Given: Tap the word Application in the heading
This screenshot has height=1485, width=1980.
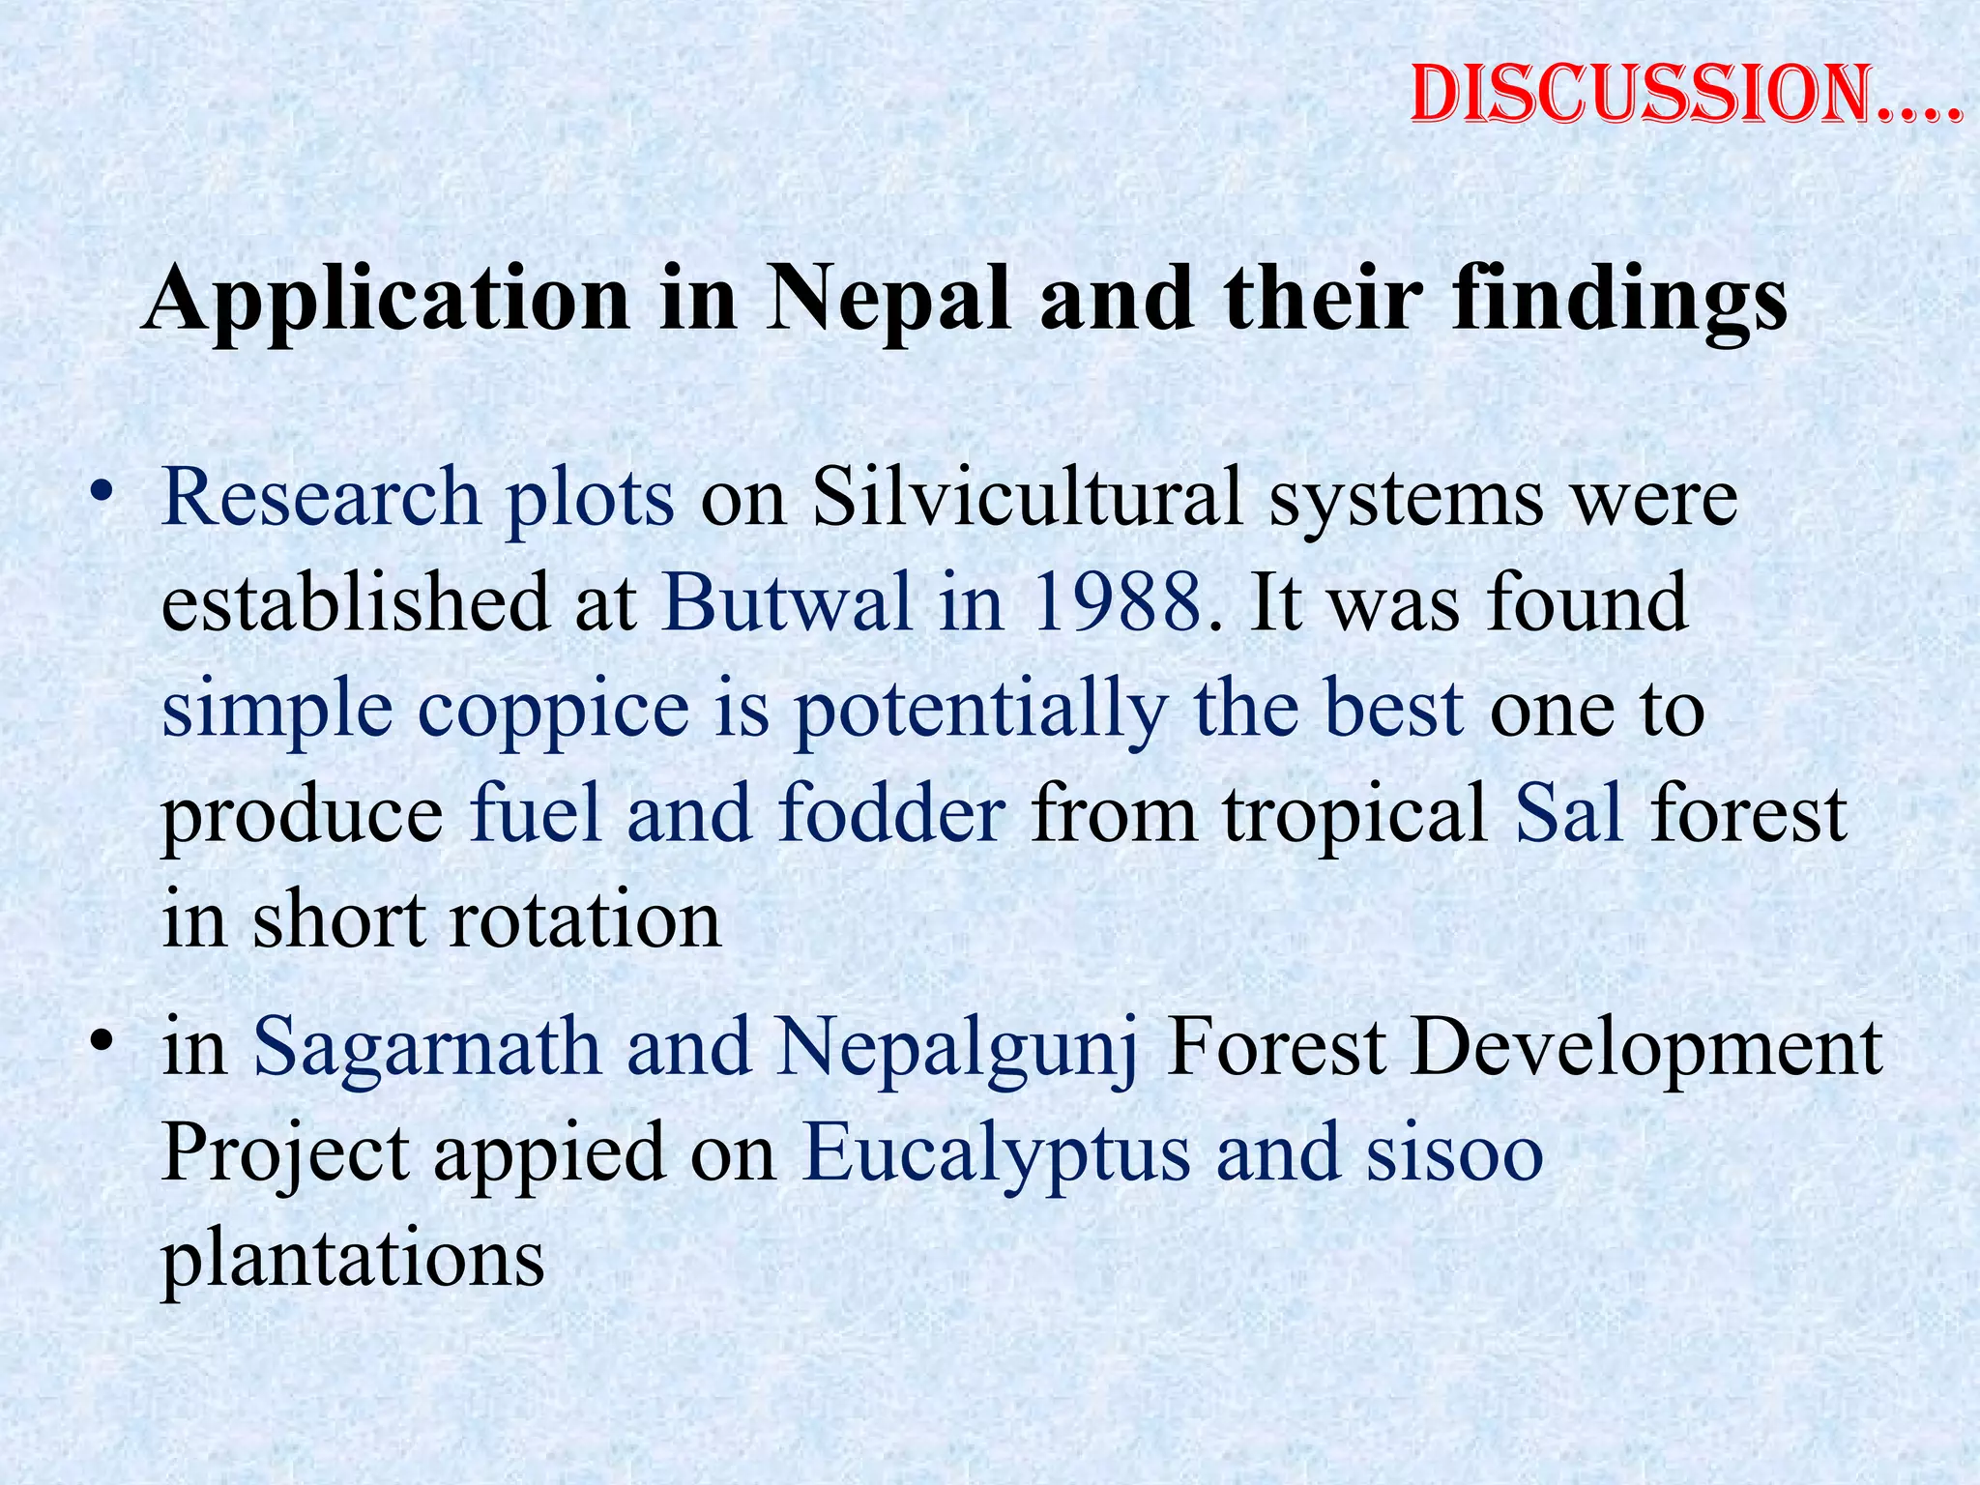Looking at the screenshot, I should [x=387, y=300].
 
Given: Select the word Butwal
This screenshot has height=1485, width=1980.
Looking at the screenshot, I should [x=787, y=601].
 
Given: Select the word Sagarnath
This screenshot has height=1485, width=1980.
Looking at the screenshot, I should [x=426, y=1048].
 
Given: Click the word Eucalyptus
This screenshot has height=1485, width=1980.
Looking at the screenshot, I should [x=996, y=1156].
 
